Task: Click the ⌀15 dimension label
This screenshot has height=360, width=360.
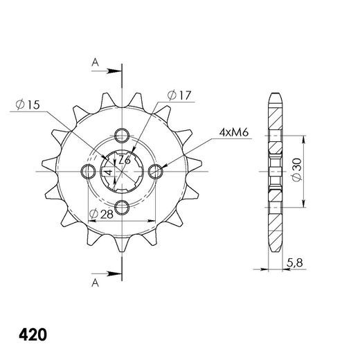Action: click(x=28, y=105)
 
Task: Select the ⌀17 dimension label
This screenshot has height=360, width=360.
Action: click(x=179, y=96)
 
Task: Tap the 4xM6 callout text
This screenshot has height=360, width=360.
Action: click(x=234, y=133)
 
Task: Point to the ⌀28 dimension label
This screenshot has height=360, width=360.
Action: click(x=101, y=214)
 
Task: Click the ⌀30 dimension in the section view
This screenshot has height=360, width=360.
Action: click(x=296, y=170)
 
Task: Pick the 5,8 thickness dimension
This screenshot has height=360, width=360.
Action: click(x=295, y=263)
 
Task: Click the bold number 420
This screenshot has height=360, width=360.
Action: click(x=33, y=335)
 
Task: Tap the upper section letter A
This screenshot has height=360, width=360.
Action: click(x=95, y=62)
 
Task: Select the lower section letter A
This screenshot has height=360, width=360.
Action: click(x=95, y=282)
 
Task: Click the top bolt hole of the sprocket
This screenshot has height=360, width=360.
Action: click(x=122, y=136)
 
